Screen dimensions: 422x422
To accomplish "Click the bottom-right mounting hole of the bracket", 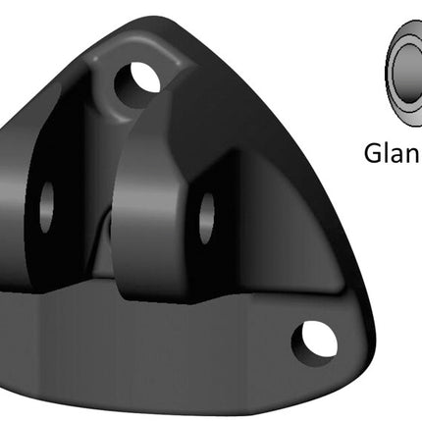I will pos(314,341).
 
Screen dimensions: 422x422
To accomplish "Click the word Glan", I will pos(393,154).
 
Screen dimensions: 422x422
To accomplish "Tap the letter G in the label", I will pos(375,154).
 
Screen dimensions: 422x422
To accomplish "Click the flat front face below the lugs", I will pos(147,353).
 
